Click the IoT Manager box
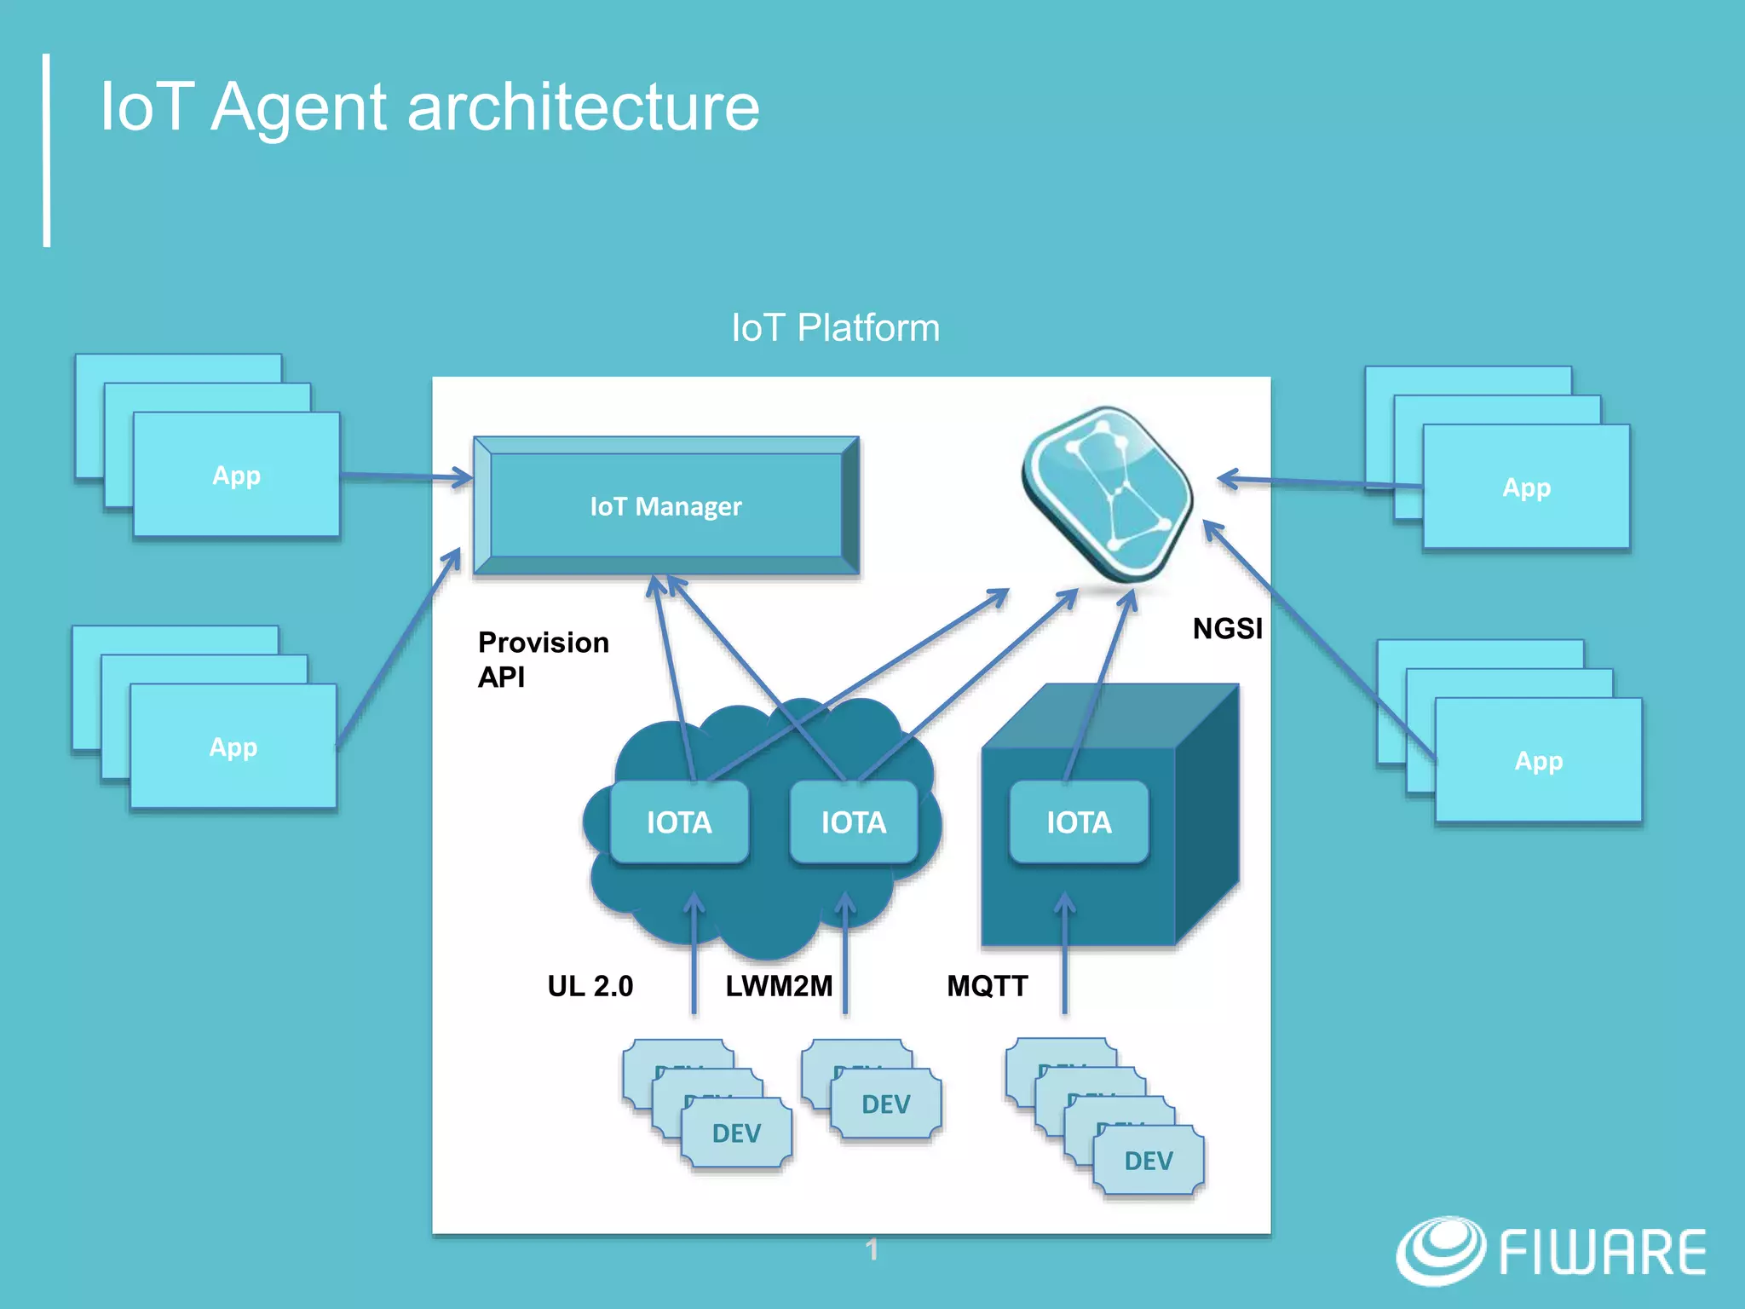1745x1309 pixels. point(665,506)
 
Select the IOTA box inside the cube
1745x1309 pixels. point(1079,822)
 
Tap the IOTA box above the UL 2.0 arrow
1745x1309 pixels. point(679,822)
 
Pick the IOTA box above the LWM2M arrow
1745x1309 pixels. point(853,822)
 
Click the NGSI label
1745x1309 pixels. point(1227,629)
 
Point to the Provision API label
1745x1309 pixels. point(543,660)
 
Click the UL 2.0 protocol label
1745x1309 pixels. point(590,986)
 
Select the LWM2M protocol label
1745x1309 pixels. point(779,986)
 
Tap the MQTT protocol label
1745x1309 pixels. point(988,986)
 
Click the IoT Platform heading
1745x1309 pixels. point(835,328)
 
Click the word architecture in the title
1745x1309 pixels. point(584,107)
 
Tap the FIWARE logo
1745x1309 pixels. point(1551,1251)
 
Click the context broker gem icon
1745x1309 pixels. point(1108,494)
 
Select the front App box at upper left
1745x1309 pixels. point(236,476)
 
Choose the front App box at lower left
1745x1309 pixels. point(233,747)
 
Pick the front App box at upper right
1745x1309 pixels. point(1526,487)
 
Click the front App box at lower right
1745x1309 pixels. point(1538,760)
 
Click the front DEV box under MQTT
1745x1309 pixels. point(1148,1161)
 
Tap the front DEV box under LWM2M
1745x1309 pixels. point(886,1104)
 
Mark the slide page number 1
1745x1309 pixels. point(871,1250)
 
